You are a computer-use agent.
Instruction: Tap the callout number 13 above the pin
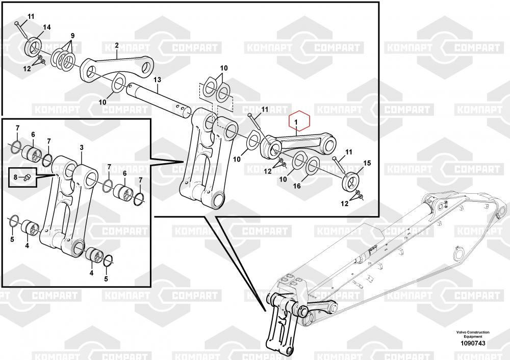(x=157, y=80)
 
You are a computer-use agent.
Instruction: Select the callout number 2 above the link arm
(x=117, y=45)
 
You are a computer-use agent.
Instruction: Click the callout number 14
(x=47, y=27)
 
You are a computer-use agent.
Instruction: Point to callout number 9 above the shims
(x=72, y=36)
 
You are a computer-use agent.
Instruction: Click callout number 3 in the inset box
(x=82, y=148)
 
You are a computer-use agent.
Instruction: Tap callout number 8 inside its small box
(x=15, y=177)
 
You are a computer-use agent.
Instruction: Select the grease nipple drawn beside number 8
(x=26, y=177)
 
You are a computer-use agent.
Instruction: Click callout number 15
(x=367, y=163)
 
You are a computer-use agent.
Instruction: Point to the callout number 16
(x=297, y=186)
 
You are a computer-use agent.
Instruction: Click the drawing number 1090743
(x=473, y=343)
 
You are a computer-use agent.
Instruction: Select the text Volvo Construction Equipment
(x=473, y=335)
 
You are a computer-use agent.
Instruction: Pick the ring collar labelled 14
(x=33, y=46)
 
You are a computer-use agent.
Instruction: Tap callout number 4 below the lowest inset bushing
(x=91, y=273)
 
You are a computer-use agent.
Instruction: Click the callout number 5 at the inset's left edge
(x=12, y=240)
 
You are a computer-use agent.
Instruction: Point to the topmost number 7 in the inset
(x=17, y=128)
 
